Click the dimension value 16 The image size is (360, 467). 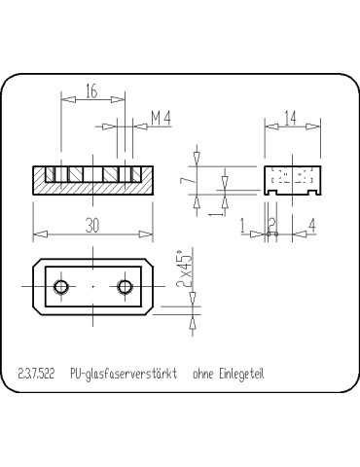click(x=90, y=91)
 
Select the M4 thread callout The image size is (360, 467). click(x=162, y=119)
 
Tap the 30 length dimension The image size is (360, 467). click(x=90, y=225)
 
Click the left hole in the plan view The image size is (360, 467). click(x=61, y=287)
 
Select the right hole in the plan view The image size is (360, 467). click(x=124, y=287)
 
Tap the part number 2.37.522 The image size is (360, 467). click(x=37, y=374)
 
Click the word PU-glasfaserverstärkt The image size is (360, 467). click(x=125, y=374)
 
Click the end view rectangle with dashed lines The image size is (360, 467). click(x=291, y=179)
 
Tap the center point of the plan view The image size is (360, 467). click(x=92, y=287)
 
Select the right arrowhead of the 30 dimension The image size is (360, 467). click(x=149, y=233)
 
